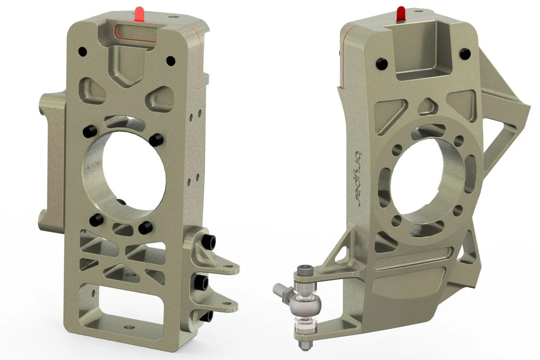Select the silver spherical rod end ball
point(307,306)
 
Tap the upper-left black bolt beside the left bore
point(89,131)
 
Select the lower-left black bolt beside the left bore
point(95,220)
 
